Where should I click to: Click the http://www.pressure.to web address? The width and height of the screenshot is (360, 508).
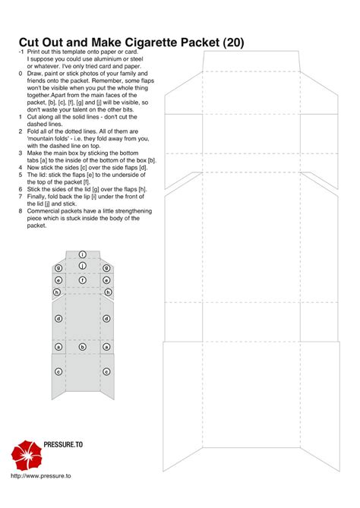(x=41, y=475)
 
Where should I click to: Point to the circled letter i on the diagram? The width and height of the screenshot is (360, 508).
(x=82, y=254)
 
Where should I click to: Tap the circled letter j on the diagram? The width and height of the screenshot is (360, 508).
(x=82, y=266)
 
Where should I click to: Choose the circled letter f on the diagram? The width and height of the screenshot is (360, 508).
(x=82, y=279)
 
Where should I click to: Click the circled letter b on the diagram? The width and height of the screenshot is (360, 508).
(x=82, y=346)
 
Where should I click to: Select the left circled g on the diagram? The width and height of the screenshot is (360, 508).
(x=58, y=268)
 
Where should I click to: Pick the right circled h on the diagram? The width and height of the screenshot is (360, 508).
(x=108, y=292)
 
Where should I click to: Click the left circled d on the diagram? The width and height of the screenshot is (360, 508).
(x=58, y=319)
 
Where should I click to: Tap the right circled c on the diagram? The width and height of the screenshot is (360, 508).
(x=107, y=371)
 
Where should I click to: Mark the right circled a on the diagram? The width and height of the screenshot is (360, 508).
(x=107, y=346)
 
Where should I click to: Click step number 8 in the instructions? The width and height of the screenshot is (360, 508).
(x=20, y=210)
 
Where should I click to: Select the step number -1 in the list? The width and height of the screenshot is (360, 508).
(x=21, y=51)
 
